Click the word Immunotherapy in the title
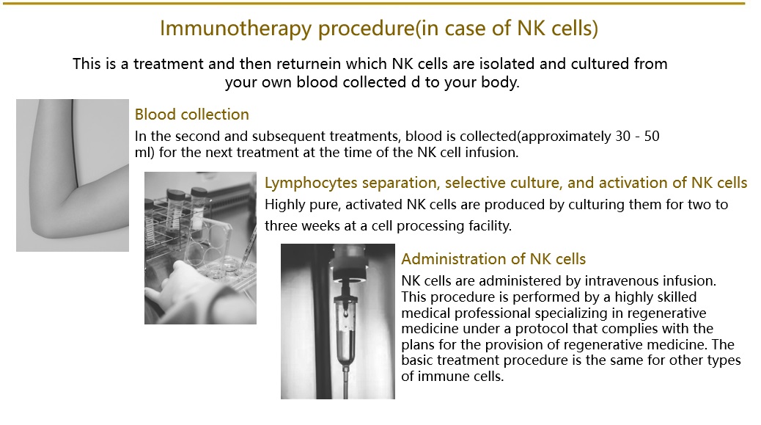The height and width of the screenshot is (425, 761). (x=236, y=28)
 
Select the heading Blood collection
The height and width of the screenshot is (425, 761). (x=191, y=115)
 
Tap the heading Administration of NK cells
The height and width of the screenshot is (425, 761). (x=493, y=259)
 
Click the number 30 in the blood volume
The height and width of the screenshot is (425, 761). (x=622, y=136)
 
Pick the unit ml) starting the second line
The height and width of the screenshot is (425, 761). (x=144, y=153)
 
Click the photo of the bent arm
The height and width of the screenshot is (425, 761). (x=73, y=175)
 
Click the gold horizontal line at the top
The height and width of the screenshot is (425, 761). (x=374, y=4)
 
